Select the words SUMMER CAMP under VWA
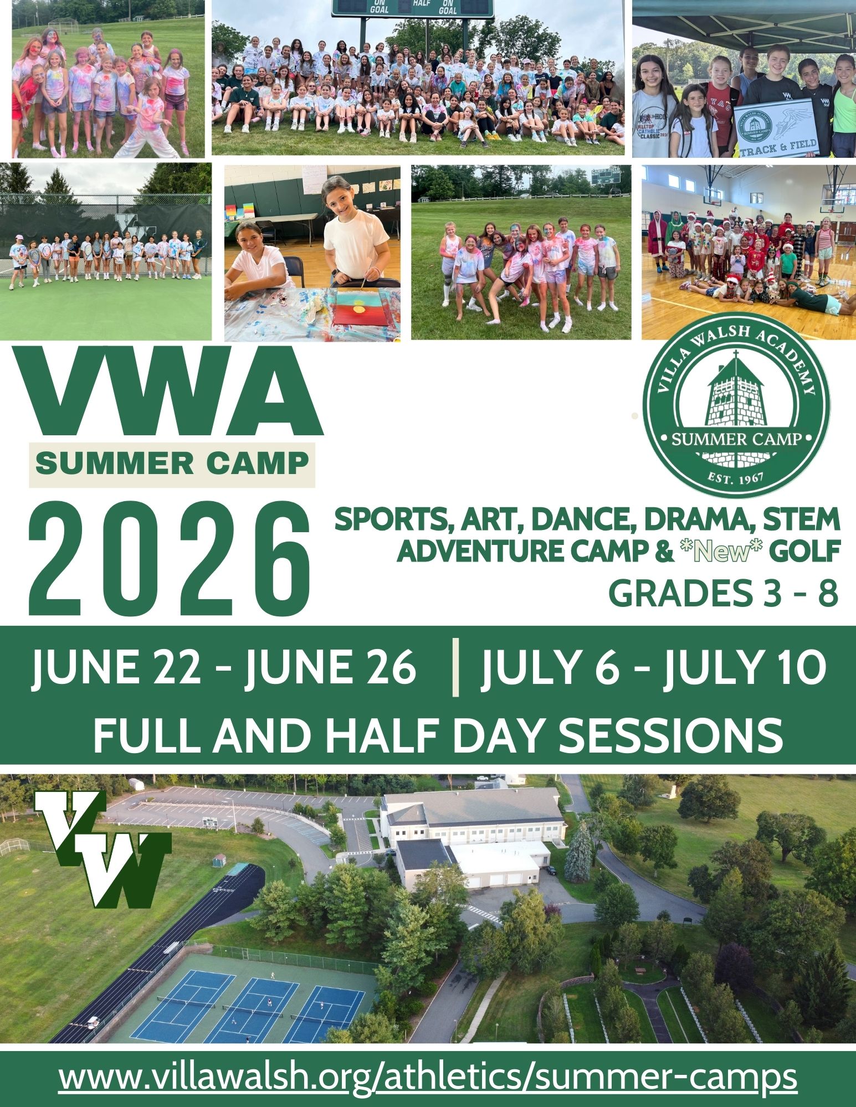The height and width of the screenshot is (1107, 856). [x=172, y=464]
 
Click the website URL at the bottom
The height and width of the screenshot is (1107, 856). [x=428, y=1077]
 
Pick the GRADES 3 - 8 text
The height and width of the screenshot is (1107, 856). [x=723, y=594]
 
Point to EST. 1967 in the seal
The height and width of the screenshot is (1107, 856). [x=736, y=478]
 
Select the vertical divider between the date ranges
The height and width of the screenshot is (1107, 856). [x=455, y=667]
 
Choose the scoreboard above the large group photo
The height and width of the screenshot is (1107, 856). [x=413, y=8]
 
